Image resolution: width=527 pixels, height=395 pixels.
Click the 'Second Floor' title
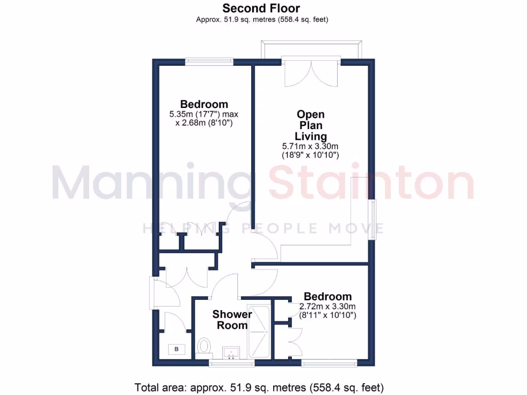coord(261,8)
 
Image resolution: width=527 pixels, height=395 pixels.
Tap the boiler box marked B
coord(177,350)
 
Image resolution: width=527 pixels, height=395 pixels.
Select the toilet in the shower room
coord(204,347)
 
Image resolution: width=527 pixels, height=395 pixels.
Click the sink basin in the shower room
coord(231,353)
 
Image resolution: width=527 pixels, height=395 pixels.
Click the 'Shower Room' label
coord(232,320)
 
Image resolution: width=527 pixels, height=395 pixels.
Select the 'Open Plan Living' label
coord(311,125)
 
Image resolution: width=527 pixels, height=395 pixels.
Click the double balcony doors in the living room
coord(311,74)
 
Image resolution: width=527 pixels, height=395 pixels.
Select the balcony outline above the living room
coord(311,49)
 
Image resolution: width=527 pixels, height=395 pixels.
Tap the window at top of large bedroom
coord(209,61)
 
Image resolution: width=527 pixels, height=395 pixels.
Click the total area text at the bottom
coord(259,387)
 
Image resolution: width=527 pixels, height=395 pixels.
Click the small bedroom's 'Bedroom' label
coord(328,297)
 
